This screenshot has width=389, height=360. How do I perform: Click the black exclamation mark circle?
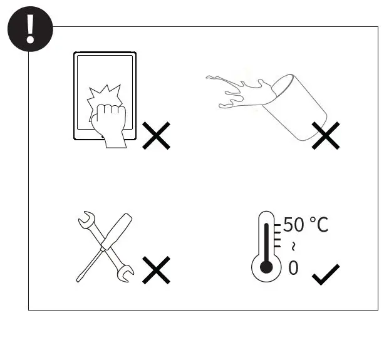[29, 29]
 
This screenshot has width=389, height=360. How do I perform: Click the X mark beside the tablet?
[156, 135]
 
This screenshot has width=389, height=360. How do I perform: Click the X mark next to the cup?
[326, 135]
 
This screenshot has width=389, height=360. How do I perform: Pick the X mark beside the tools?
[156, 270]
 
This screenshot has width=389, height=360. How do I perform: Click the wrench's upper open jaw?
[84, 219]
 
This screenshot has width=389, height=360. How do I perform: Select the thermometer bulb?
[266, 267]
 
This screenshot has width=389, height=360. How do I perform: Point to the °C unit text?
[319, 224]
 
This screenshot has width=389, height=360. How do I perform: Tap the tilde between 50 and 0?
[293, 245]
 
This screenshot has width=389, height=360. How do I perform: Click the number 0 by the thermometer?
[293, 267]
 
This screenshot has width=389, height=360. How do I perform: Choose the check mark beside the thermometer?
[326, 274]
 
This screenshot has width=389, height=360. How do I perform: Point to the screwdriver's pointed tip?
[78, 279]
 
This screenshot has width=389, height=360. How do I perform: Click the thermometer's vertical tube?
[266, 238]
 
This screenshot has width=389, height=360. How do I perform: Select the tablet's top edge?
[105, 54]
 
